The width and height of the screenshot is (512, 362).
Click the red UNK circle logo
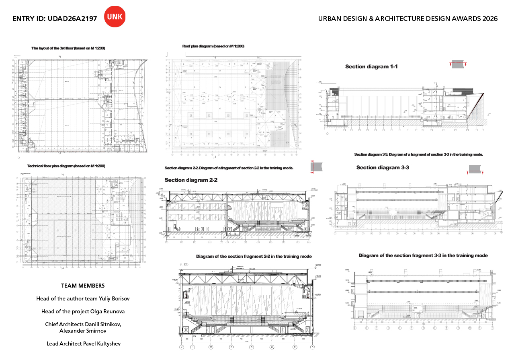pos(115,17)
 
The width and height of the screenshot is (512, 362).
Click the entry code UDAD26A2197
pos(72,19)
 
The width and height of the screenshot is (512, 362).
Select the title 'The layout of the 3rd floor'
pos(68,48)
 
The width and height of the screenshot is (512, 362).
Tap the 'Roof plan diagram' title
pos(213,46)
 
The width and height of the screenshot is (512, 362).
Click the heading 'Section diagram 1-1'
pos(371,67)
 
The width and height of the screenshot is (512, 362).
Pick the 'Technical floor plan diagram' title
pos(66,166)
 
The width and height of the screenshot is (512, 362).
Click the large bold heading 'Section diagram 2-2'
pos(191,180)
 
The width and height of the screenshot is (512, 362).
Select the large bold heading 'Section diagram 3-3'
pos(383,168)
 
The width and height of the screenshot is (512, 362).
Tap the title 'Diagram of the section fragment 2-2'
pos(254,256)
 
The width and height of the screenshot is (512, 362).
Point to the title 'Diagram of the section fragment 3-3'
pos(423,255)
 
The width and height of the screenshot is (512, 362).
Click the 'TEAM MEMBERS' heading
pos(83,286)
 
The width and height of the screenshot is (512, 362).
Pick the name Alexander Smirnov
pos(83,331)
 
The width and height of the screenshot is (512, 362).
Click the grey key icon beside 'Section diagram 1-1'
pos(458,64)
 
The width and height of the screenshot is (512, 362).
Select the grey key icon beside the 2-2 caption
pos(316,167)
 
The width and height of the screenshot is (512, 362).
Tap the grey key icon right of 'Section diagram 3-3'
pos(476,169)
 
